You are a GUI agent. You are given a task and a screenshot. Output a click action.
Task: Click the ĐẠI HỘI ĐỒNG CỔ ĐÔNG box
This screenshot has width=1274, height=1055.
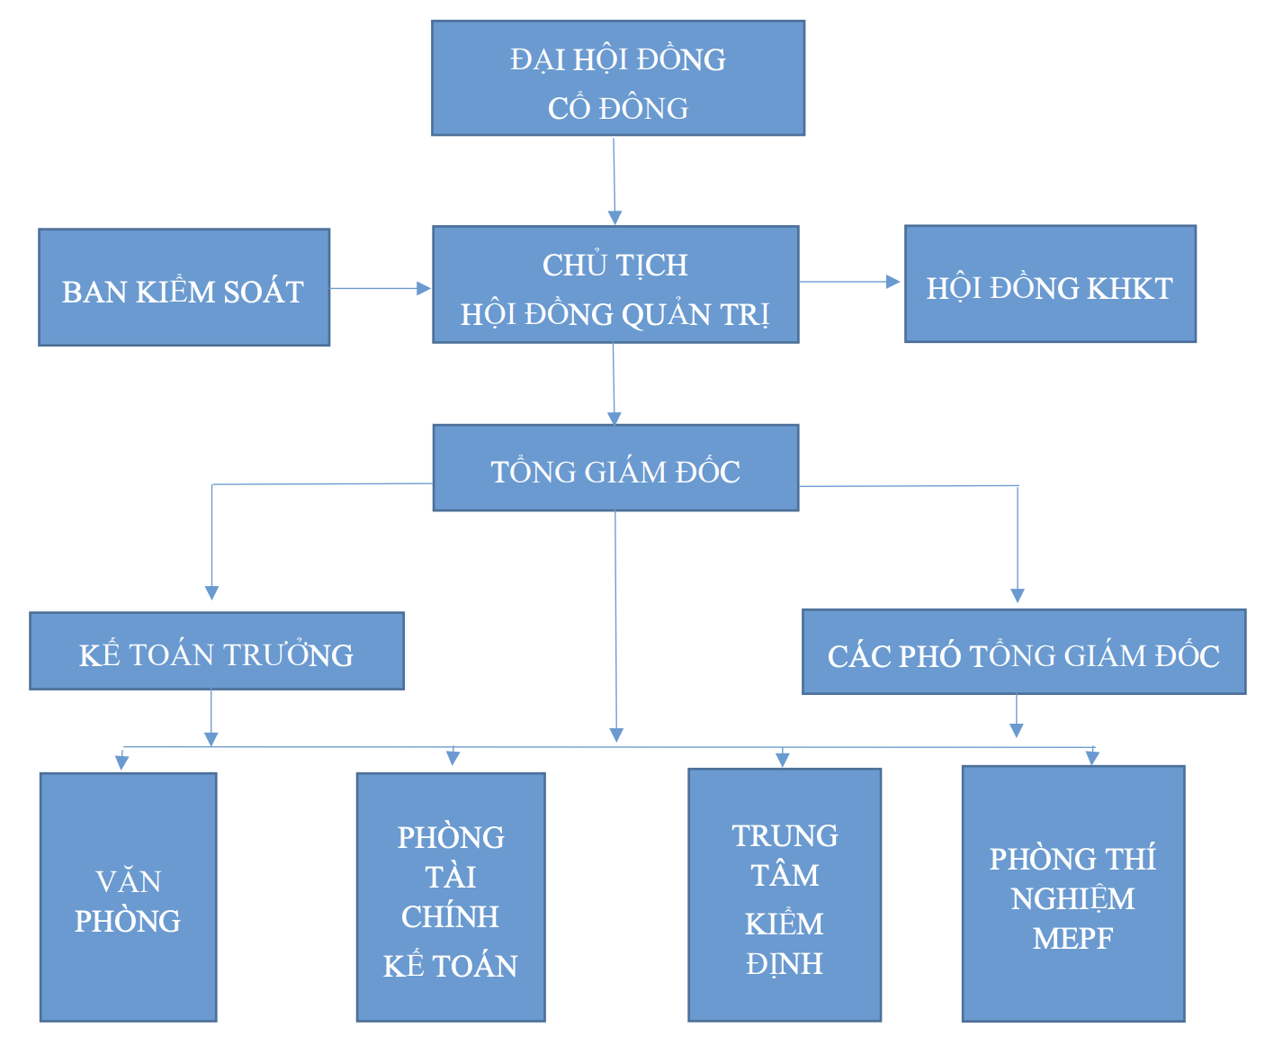(617, 78)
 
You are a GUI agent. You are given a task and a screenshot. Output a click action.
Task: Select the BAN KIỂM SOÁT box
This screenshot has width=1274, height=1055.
(184, 287)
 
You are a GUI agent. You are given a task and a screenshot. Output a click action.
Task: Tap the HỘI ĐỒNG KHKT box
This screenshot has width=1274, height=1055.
(1049, 284)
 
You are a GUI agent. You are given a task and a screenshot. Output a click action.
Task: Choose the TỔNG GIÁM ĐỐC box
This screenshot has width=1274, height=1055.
(615, 468)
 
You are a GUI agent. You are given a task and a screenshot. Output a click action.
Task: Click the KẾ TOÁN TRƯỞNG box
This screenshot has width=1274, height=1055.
(216, 652)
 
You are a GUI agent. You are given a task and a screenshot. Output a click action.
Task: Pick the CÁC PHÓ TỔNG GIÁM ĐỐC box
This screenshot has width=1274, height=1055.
(1023, 653)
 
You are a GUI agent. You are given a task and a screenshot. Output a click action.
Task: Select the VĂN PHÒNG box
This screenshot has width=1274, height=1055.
(128, 897)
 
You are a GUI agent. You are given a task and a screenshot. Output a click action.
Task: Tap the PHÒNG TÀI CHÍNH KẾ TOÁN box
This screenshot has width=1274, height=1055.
(450, 897)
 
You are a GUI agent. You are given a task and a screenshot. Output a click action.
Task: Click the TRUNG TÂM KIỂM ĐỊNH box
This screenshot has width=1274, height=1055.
(784, 895)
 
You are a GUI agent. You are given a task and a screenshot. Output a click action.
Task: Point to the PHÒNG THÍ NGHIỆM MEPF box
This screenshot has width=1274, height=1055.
(1072, 894)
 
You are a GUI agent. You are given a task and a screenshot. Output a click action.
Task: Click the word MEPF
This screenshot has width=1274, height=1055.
(1072, 939)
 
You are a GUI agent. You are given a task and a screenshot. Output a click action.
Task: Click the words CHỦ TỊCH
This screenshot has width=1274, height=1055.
(615, 265)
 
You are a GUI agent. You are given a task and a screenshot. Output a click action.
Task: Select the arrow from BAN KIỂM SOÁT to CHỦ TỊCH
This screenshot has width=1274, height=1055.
(380, 288)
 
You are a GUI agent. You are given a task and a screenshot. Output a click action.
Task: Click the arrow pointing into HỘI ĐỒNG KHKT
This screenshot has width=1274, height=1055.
(849, 282)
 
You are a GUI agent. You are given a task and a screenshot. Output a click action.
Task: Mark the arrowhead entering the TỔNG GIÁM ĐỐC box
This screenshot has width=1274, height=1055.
(615, 418)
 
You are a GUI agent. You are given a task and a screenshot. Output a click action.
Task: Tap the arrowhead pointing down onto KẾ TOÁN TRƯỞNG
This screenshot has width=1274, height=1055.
(211, 592)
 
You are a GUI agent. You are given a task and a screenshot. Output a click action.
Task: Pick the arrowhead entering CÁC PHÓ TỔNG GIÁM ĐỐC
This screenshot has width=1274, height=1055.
(1018, 595)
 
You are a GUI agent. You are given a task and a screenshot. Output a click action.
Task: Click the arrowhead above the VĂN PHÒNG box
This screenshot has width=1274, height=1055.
(122, 762)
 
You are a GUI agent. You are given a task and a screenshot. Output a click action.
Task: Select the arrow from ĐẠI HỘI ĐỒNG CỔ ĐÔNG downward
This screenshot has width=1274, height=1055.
(615, 180)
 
